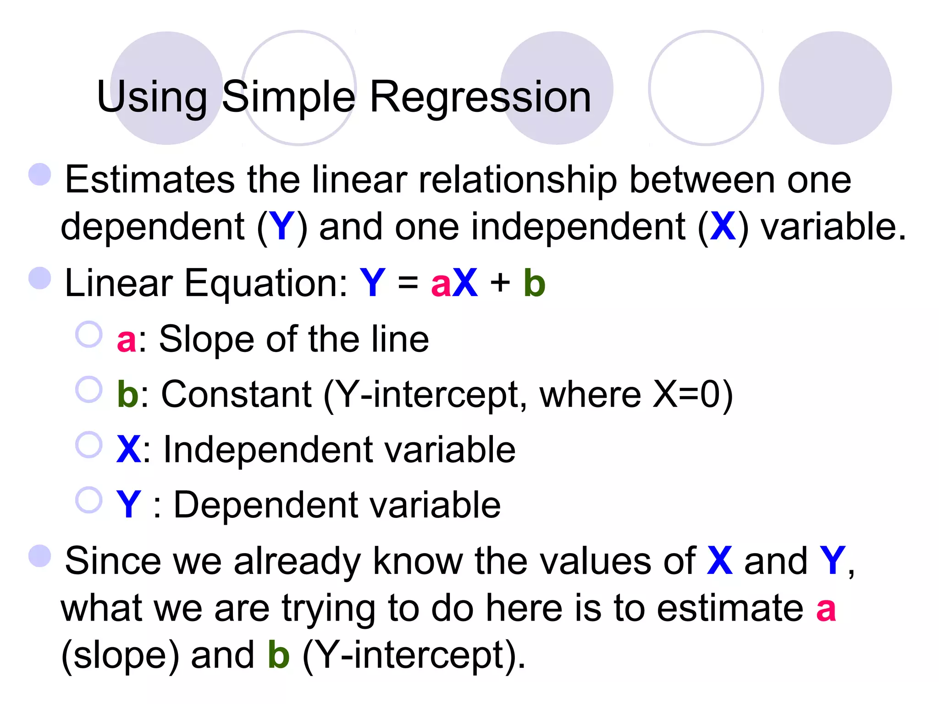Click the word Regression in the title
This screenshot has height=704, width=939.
pyautogui.click(x=480, y=97)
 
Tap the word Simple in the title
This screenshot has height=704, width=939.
pyautogui.click(x=288, y=97)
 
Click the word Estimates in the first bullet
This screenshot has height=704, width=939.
pyautogui.click(x=149, y=180)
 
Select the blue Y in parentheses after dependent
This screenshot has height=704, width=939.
pyautogui.click(x=281, y=226)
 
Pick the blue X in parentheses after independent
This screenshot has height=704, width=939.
pyautogui.click(x=723, y=226)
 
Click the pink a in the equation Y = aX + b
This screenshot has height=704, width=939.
pyautogui.click(x=441, y=284)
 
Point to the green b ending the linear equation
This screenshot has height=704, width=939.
pyautogui.click(x=534, y=284)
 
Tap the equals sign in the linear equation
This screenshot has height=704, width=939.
pyautogui.click(x=408, y=284)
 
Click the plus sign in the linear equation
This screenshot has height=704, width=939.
pyautogui.click(x=500, y=283)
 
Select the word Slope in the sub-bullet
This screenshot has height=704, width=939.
pyautogui.click(x=206, y=340)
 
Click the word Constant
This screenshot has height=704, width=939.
pyautogui.click(x=237, y=395)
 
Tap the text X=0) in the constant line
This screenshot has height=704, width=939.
pyautogui.click(x=692, y=395)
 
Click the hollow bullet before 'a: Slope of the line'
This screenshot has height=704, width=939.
pyautogui.click(x=88, y=334)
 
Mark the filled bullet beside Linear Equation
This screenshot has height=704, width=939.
pyautogui.click(x=40, y=278)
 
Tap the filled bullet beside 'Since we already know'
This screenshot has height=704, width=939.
pyautogui.click(x=40, y=556)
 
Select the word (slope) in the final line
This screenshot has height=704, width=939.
pyautogui.click(x=120, y=655)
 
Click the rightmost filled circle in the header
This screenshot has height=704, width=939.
pyautogui.click(x=835, y=88)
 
